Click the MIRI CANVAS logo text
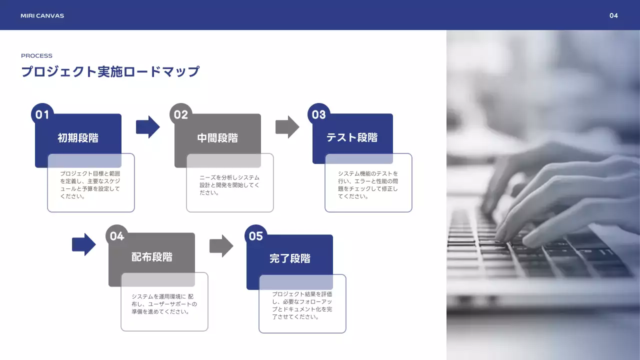pos(42,15)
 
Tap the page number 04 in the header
pos(613,15)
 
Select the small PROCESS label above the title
pos(36,55)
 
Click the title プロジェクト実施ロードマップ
pos(110,71)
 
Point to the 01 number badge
pos(42,114)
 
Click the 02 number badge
pos(181,114)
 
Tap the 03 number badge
pos(319,114)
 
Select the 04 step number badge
pos(117,236)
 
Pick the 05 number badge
pos(255,236)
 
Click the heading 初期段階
pos(78,138)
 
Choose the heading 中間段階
pos(217,138)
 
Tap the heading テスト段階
pos(352,137)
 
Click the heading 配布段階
pos(151,257)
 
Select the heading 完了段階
pos(290,258)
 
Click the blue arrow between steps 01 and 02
pos(147,127)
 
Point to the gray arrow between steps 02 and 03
pos(287,127)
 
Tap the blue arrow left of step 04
pos(83,244)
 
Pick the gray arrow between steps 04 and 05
pos(221,246)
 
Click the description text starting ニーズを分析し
pos(229,185)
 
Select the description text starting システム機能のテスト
pos(368,185)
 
